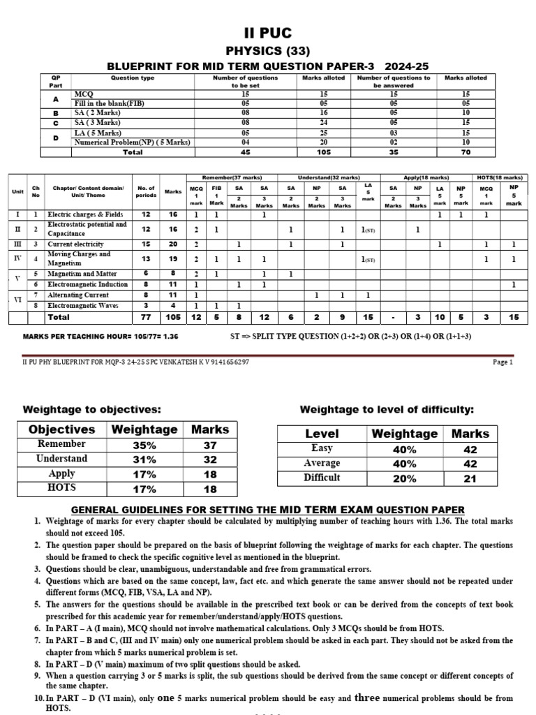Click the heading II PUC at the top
pyautogui.click(x=267, y=34)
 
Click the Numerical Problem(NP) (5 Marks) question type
pyautogui.click(x=132, y=142)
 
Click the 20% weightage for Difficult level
pyautogui.click(x=405, y=478)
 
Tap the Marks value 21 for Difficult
pyautogui.click(x=470, y=478)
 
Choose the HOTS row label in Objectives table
pyautogui.click(x=62, y=488)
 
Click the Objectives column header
pyautogui.click(x=62, y=429)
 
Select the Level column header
pyautogui.click(x=322, y=434)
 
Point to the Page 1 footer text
pyautogui.click(x=502, y=362)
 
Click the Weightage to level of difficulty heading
pyautogui.click(x=386, y=408)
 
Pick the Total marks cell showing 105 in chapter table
pyautogui.click(x=172, y=317)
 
